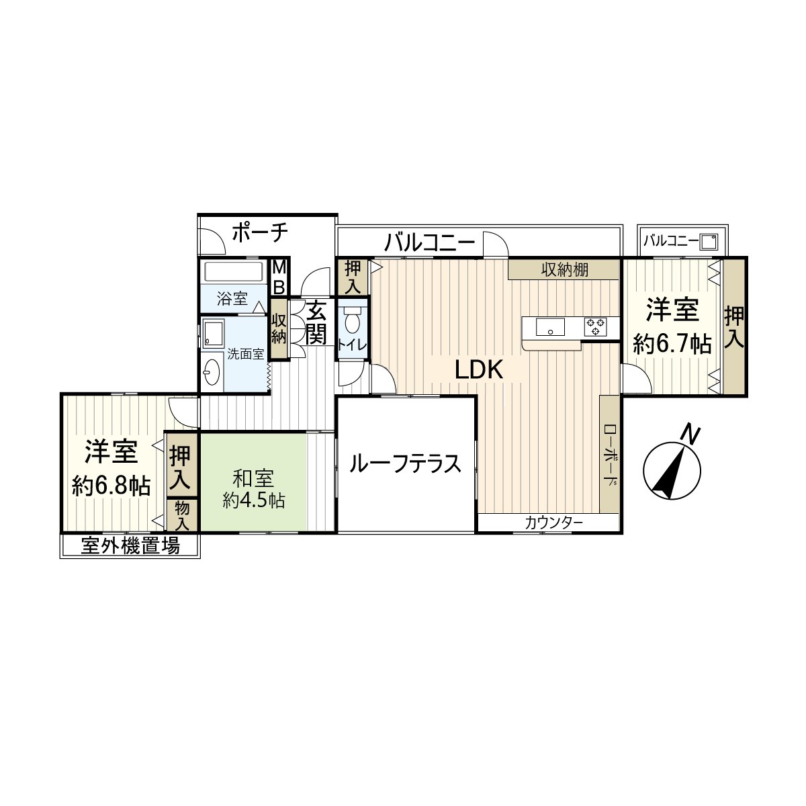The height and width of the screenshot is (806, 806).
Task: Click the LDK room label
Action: [479, 370]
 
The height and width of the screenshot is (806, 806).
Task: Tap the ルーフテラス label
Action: [406, 463]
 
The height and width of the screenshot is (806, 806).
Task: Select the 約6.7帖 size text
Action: [672, 345]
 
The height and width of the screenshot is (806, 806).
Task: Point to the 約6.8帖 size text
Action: [111, 486]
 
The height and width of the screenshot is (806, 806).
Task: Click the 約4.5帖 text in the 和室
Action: [254, 500]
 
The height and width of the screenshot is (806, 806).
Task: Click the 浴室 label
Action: [232, 299]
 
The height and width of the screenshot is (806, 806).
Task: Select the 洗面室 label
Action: [245, 354]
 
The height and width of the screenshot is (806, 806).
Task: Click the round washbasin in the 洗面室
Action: [212, 372]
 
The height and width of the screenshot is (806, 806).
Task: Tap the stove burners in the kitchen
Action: [595, 326]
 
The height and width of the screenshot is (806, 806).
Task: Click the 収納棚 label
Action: [565, 270]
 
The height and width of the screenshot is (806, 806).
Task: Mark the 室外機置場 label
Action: [130, 546]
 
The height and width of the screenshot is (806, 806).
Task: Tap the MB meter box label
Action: [279, 277]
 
